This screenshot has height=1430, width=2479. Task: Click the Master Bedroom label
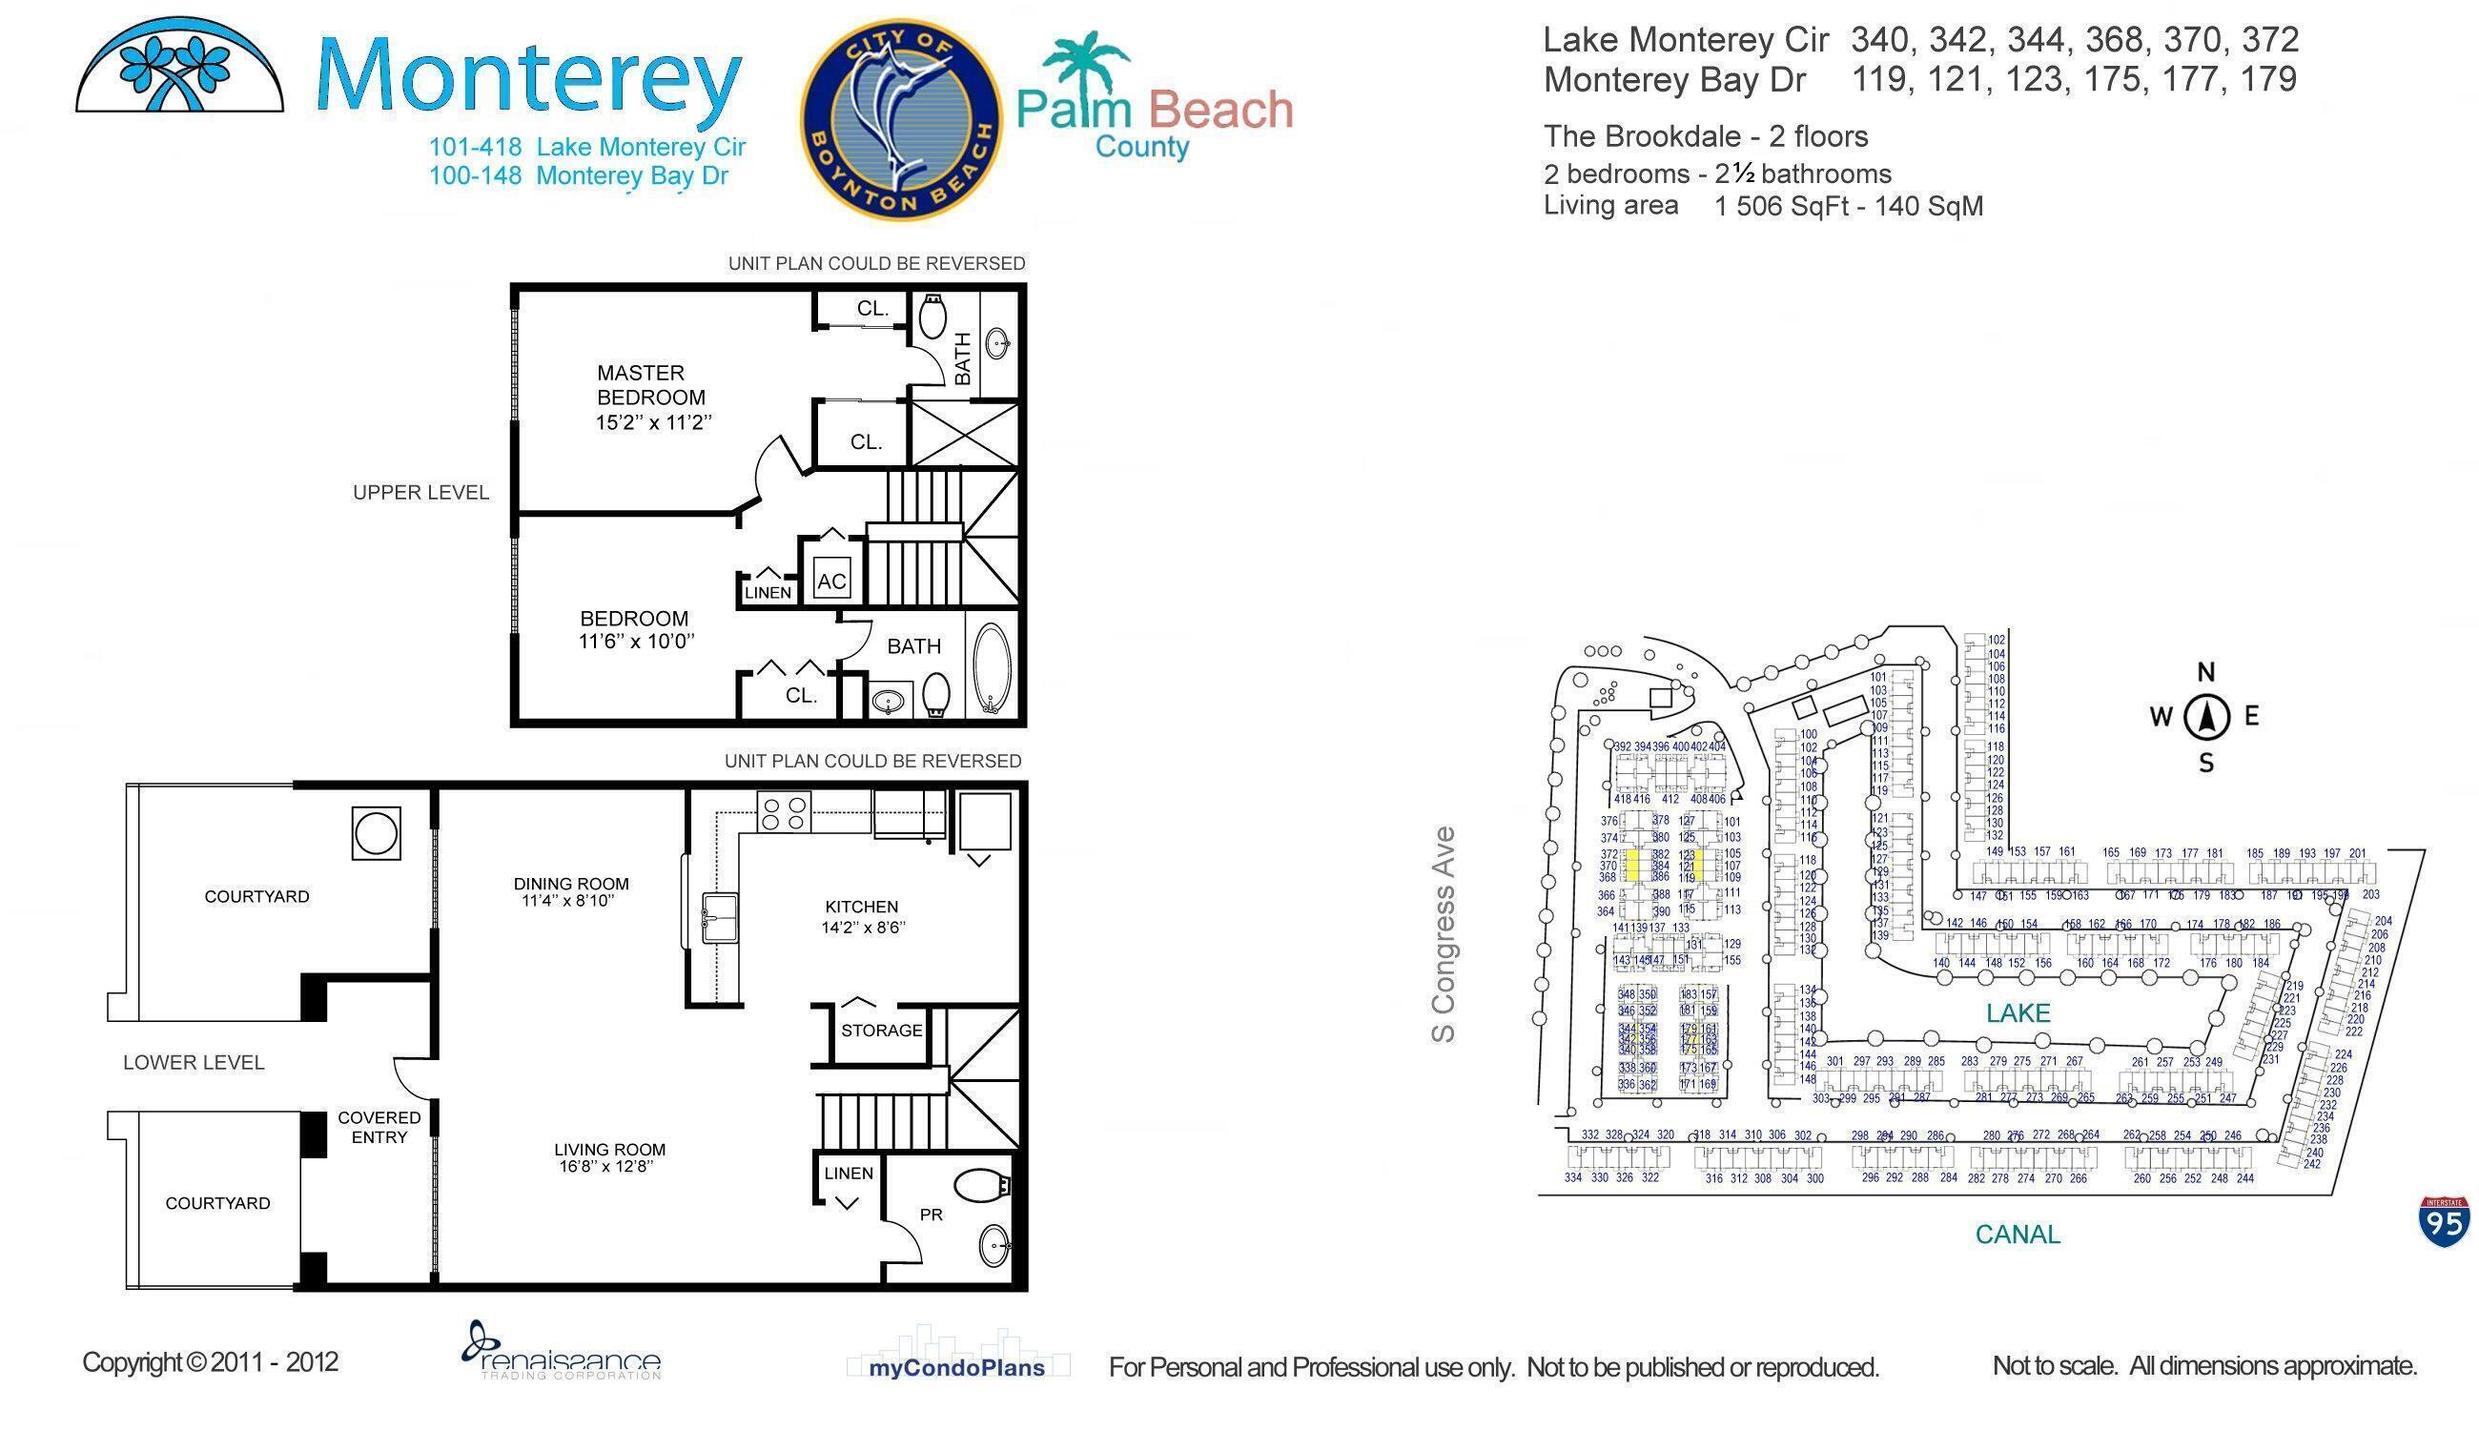pos(649,385)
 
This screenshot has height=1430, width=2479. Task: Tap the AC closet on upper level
pos(830,581)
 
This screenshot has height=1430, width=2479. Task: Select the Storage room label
pos(881,1031)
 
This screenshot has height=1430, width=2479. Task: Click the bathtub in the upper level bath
pos(991,667)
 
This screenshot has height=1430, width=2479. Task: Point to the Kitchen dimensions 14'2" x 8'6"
pos(862,928)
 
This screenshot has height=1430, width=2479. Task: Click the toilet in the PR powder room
pos(982,1184)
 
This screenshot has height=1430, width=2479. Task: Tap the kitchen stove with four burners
pos(784,811)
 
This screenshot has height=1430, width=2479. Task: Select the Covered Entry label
pos(379,1128)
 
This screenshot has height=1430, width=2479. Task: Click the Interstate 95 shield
pos(2444,1222)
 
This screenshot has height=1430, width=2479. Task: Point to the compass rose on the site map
pos(2206,717)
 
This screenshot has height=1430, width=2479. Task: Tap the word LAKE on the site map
pos(2018,1013)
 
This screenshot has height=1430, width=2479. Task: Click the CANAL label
pos(2018,1235)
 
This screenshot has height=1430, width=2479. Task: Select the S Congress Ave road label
pos(1443,934)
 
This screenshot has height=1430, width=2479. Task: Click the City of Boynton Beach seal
pos(901,120)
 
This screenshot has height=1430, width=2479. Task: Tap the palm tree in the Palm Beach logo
pos(1085,61)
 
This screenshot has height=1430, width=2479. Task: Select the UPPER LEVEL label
pos(420,493)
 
